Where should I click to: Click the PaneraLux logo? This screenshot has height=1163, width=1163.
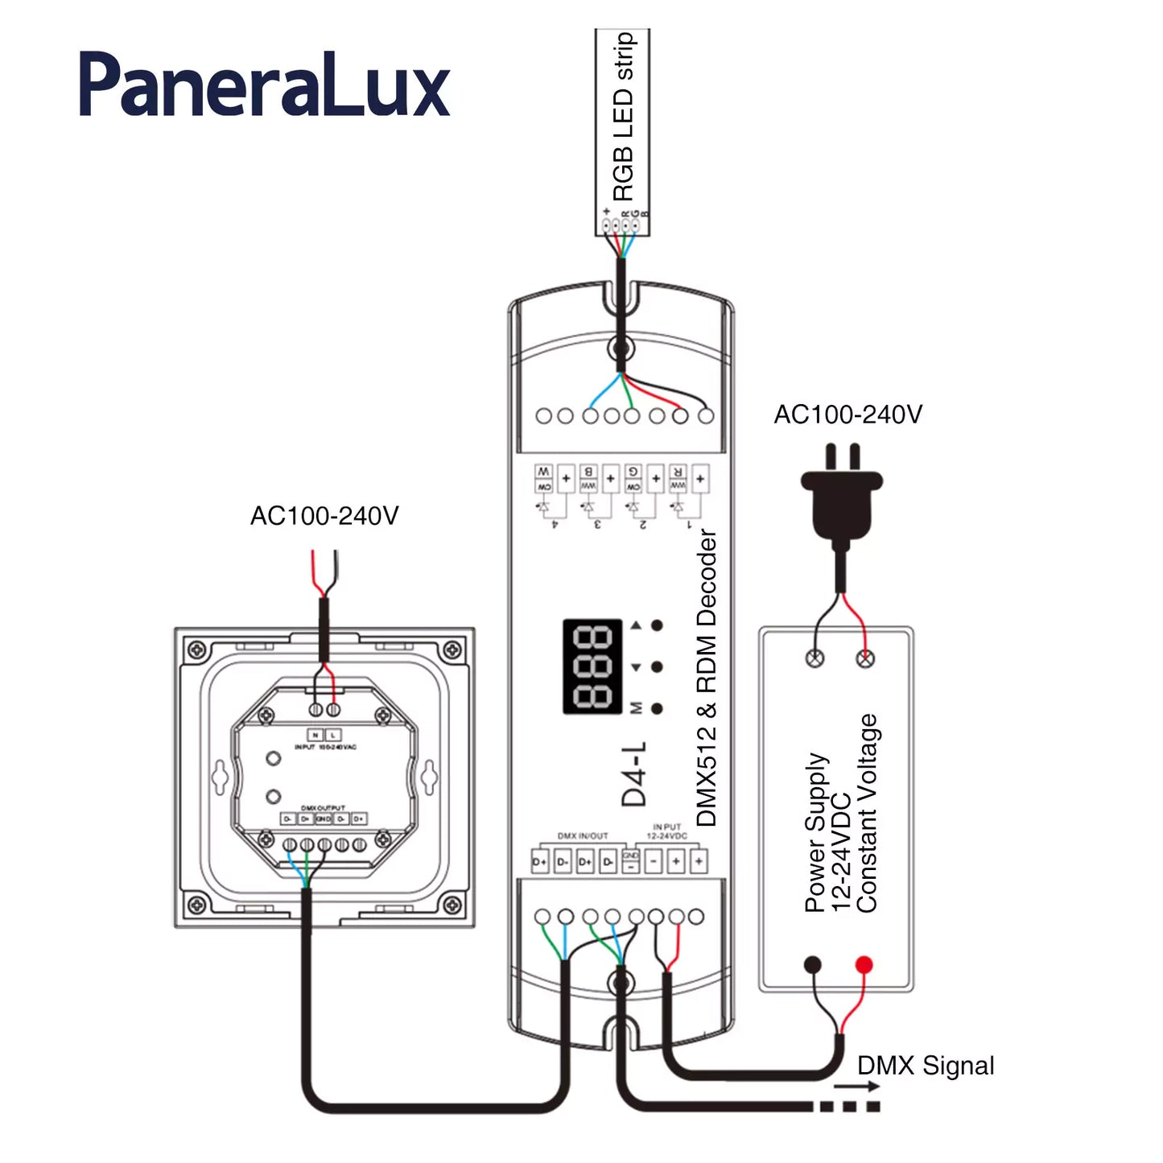point(264,85)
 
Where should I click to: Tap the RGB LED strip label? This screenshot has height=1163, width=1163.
point(624,117)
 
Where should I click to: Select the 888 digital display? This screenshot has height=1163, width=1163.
point(592,666)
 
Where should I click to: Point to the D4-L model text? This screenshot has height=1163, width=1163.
point(633,773)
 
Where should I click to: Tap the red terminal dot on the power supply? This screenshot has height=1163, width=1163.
point(864,964)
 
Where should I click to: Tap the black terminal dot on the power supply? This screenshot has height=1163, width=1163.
point(813,964)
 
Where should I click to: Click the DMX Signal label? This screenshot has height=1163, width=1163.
point(926,1066)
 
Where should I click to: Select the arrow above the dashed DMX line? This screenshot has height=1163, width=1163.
point(856,1087)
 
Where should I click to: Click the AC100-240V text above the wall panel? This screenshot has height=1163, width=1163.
point(324,516)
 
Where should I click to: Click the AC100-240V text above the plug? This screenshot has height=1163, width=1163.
point(848,414)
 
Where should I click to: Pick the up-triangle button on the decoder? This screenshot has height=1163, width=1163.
point(637,625)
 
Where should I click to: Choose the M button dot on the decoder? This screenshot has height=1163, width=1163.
point(657,708)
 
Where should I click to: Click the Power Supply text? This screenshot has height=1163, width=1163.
point(815,832)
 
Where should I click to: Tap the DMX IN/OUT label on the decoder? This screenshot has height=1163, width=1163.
point(583,836)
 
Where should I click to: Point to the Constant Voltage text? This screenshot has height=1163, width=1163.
point(867,813)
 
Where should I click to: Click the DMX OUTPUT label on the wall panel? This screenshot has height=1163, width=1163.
point(323,807)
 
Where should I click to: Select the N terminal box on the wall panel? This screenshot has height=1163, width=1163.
point(315,735)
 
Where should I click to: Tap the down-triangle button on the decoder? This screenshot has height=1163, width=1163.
point(637,667)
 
